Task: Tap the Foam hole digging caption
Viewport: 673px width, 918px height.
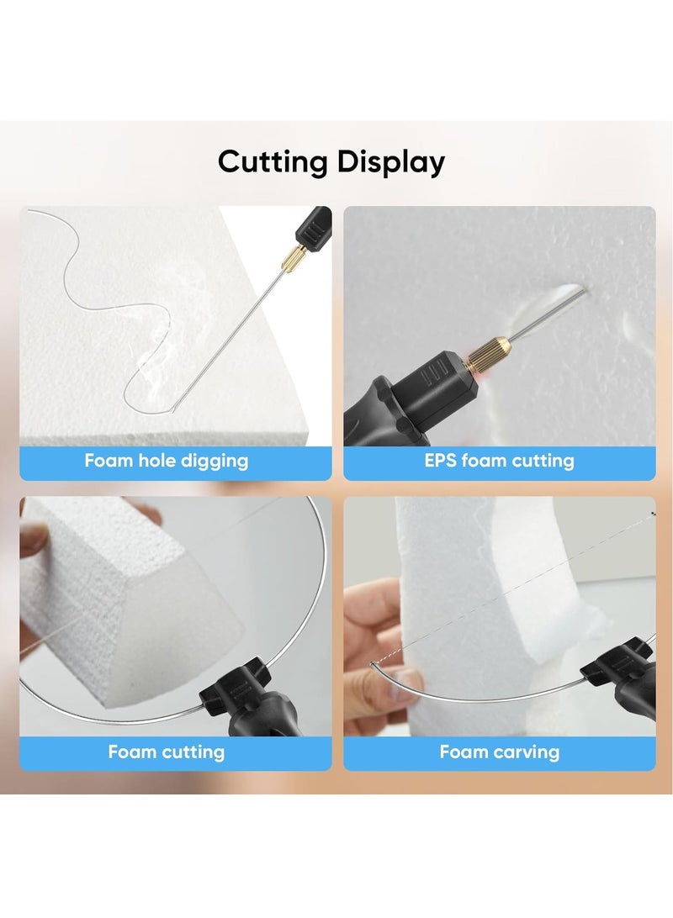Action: click(166, 461)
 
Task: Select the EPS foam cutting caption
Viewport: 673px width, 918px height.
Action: click(500, 461)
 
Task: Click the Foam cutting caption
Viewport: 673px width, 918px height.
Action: click(166, 752)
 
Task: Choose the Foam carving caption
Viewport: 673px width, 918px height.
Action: click(500, 752)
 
